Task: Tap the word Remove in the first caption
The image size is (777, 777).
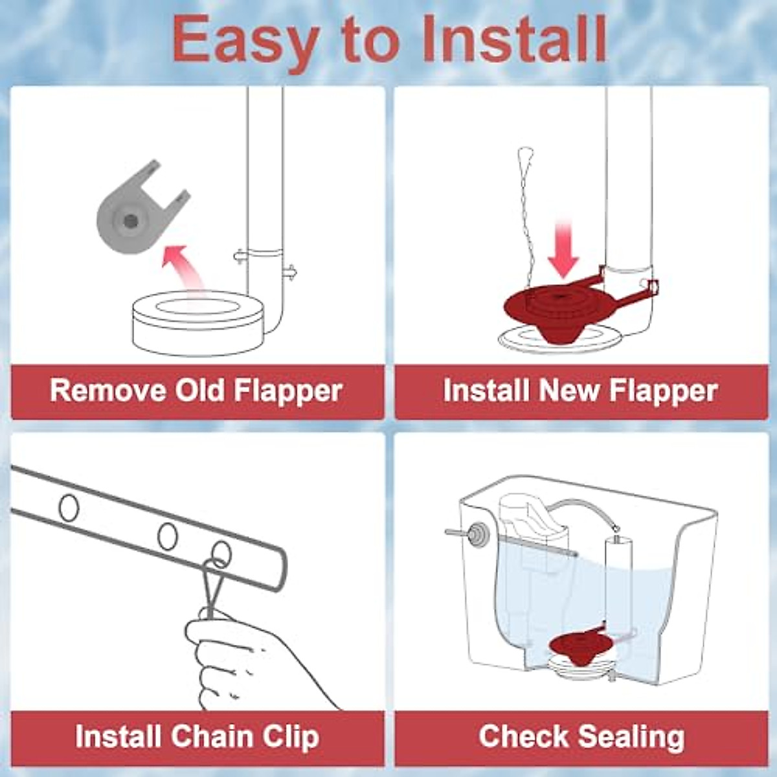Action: coord(107,390)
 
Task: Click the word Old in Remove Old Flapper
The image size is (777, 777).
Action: coord(198,390)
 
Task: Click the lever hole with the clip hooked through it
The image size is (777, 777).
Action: coord(221,552)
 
